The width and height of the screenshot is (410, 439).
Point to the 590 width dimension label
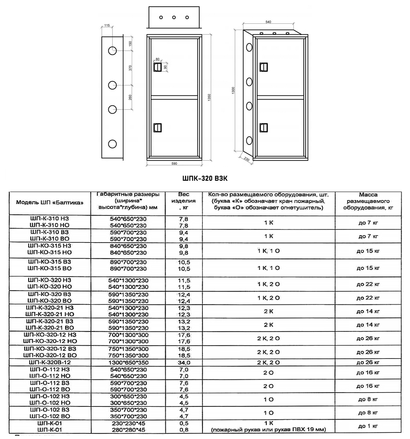pyautogui.click(x=174, y=164)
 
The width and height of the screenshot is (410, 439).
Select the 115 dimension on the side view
pyautogui.click(x=107, y=25)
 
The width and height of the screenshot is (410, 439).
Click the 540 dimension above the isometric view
pyautogui.click(x=268, y=22)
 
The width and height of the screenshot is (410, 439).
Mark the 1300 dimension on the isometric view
pyautogui.click(x=234, y=90)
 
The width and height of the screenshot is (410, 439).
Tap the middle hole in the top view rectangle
pyautogui.click(x=174, y=17)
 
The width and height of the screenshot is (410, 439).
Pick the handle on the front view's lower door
pyautogui.click(x=157, y=127)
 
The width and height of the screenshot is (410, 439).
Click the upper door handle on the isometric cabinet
pyautogui.click(x=262, y=67)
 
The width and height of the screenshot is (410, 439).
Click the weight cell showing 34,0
pyautogui.click(x=184, y=363)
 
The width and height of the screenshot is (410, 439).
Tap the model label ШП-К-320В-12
pyautogui.click(x=50, y=362)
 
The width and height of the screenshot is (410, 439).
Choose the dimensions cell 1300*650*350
pyautogui.click(x=128, y=363)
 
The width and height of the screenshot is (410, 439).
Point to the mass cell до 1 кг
pyautogui.click(x=368, y=426)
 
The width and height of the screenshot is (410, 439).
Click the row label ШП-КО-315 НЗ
pyautogui.click(x=50, y=245)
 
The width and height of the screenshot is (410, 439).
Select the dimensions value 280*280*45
pyautogui.click(x=128, y=429)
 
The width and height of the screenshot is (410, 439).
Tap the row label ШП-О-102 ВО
pyautogui.click(x=50, y=416)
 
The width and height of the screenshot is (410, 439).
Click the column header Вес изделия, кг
pyautogui.click(x=184, y=201)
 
